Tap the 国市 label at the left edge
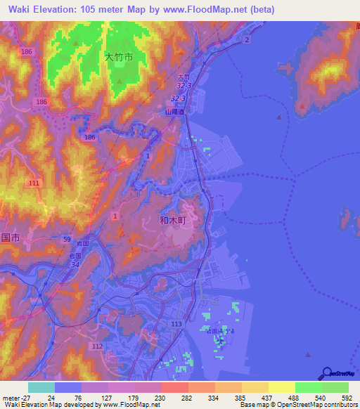[x=9, y=238]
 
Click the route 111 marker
[x=34, y=183]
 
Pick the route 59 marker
[x=65, y=239]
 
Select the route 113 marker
[x=176, y=324]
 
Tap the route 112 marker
[x=98, y=346]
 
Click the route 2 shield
[x=247, y=41]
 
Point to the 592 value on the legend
[x=345, y=397]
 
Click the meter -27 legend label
[x=13, y=397]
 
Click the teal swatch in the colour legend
[x=41, y=387]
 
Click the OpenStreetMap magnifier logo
[x=327, y=373]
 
